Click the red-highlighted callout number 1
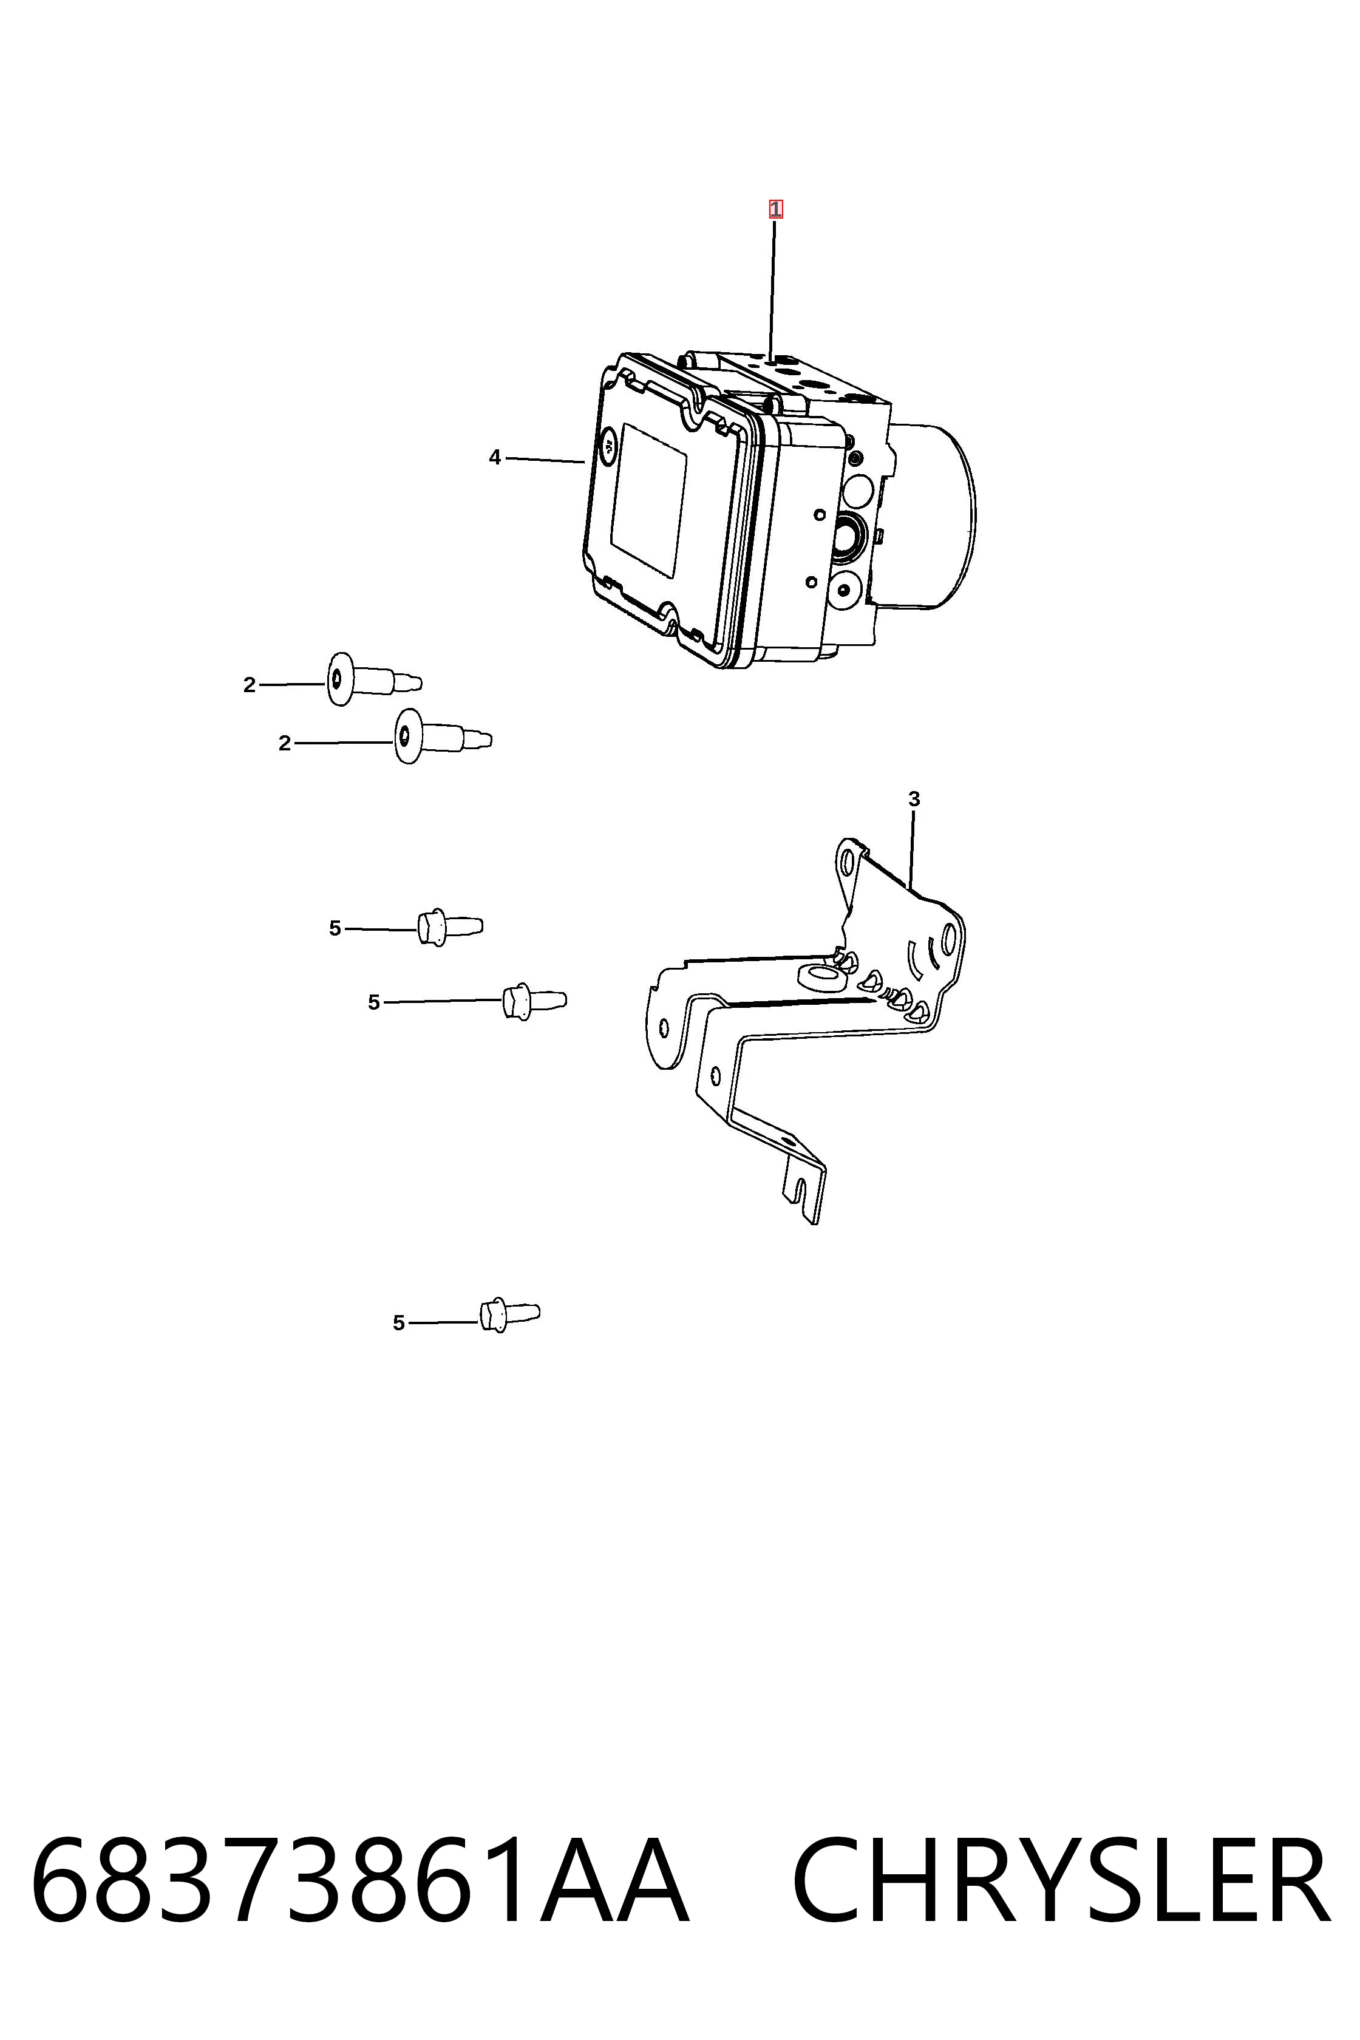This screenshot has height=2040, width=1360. (x=775, y=209)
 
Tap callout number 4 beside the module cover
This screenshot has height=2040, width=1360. (x=494, y=457)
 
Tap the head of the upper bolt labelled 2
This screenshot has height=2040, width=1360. (x=339, y=680)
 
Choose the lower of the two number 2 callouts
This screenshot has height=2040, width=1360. (x=285, y=743)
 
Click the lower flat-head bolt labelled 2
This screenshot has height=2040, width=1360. (x=443, y=737)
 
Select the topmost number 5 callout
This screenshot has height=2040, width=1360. (x=335, y=929)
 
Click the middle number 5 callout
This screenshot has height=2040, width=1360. (x=374, y=1002)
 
